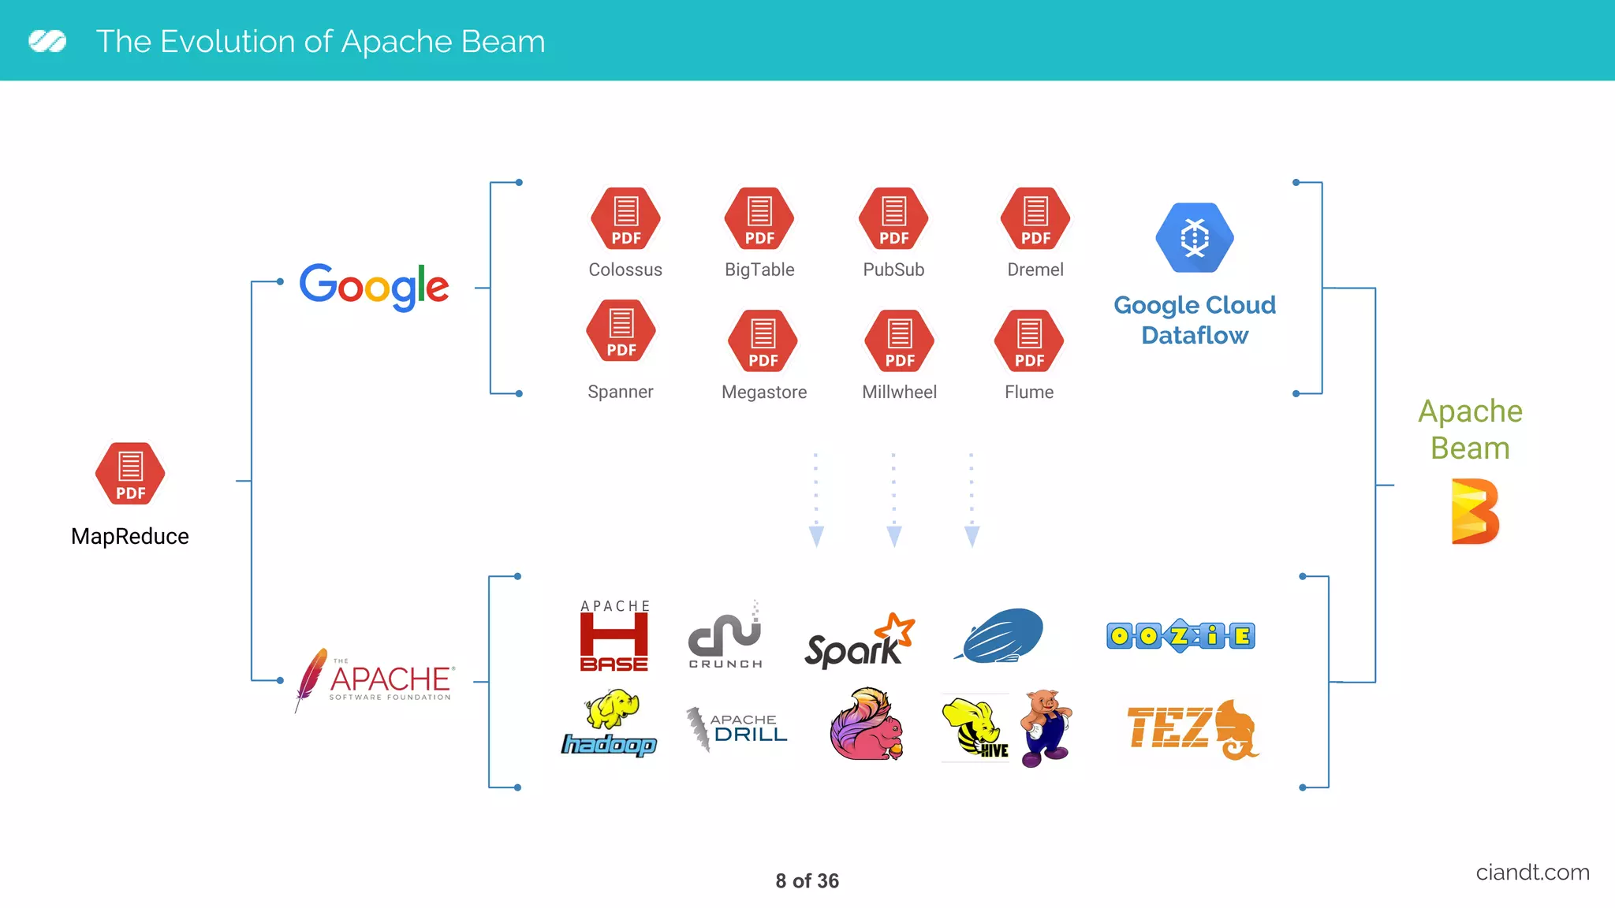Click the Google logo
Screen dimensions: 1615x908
374,286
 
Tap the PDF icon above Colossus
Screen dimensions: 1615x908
625,218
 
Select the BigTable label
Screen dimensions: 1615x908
759,270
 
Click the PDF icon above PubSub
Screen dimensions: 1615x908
893,218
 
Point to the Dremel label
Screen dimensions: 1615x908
1035,270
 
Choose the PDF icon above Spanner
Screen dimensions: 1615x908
621,331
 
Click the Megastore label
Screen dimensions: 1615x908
764,392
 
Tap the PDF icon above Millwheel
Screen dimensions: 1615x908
900,340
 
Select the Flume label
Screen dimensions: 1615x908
1029,392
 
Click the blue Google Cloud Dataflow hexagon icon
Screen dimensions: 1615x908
1195,237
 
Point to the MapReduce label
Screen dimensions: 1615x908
130,537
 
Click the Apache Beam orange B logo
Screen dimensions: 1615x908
1475,512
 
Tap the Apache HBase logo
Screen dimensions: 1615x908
614,635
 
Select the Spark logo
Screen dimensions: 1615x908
859,642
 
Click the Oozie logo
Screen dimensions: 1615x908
1180,635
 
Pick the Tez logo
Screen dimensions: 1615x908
1192,728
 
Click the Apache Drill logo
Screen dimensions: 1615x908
737,728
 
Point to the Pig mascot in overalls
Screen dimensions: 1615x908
1046,727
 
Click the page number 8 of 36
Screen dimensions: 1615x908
807,881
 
